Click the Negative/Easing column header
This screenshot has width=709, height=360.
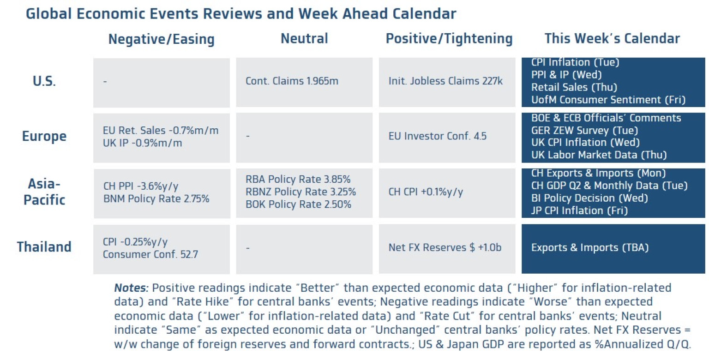pyautogui.click(x=161, y=39)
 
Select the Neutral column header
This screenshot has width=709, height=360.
pyautogui.click(x=304, y=39)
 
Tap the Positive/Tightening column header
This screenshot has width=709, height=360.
pyautogui.click(x=449, y=39)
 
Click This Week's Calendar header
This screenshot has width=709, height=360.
pyautogui.click(x=612, y=38)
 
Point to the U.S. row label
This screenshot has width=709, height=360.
pyautogui.click(x=44, y=82)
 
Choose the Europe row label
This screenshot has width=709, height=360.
pyautogui.click(x=44, y=136)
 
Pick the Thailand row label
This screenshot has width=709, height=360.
pyautogui.click(x=44, y=246)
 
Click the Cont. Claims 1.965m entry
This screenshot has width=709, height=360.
pyautogui.click(x=292, y=81)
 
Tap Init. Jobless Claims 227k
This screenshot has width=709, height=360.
pyautogui.click(x=445, y=81)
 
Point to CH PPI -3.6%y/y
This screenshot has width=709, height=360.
pyautogui.click(x=141, y=186)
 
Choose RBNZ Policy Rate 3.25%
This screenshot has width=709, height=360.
pyautogui.click(x=300, y=192)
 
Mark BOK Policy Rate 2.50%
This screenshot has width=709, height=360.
pyautogui.click(x=298, y=204)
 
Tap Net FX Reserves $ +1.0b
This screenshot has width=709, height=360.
pyautogui.click(x=445, y=247)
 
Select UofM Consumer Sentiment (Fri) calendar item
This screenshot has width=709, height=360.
pyautogui.click(x=608, y=100)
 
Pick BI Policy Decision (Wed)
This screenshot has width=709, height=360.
pyautogui.click(x=589, y=198)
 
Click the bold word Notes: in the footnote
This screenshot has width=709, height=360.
pyautogui.click(x=131, y=288)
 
